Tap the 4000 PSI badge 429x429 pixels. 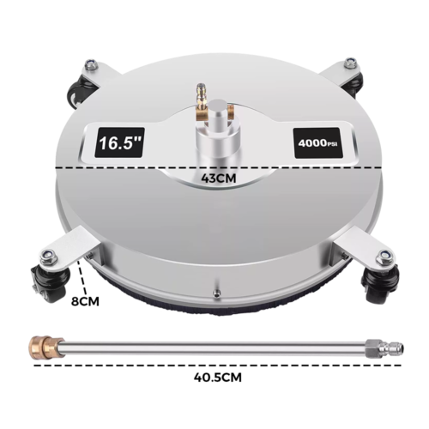coord(318,141)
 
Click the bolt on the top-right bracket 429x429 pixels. coord(350,63)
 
